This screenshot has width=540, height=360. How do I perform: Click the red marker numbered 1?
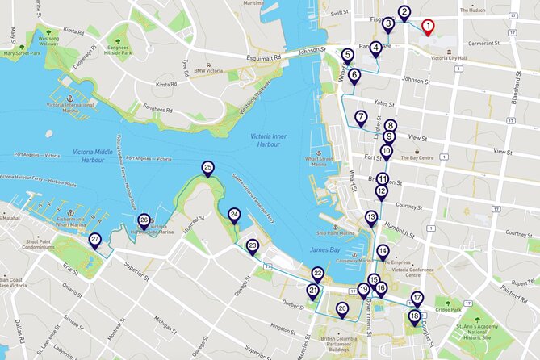[429, 26]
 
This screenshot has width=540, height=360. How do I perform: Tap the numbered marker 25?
[207, 168]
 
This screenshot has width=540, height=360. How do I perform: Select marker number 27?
[94, 240]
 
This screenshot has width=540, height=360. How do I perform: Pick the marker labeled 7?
[361, 117]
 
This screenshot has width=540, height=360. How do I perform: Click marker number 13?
[370, 216]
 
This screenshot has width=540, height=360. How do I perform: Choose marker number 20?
[341, 308]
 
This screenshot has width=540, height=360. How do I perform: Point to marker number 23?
[252, 245]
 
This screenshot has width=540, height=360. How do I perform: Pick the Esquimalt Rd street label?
[263, 58]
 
